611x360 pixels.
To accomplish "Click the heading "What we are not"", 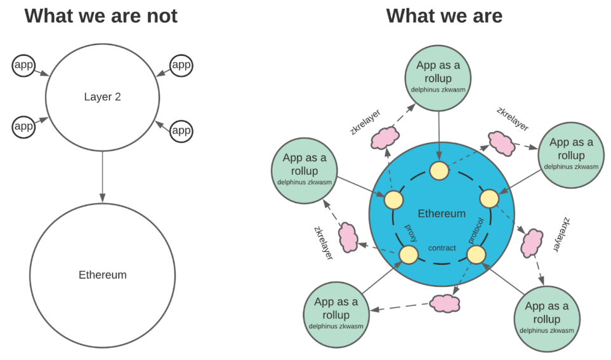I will click(101, 15).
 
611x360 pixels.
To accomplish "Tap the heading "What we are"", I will click(444, 15).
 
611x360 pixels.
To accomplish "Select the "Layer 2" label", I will click(102, 97).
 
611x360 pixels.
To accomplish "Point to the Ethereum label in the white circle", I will click(102, 275).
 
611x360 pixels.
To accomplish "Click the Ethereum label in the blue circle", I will click(442, 213).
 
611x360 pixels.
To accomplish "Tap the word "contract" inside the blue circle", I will click(442, 248).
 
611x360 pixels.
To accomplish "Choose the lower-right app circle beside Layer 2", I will click(181, 130).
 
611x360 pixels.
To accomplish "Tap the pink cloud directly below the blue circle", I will click(445, 303).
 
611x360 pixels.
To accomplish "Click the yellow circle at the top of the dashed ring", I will click(439, 170).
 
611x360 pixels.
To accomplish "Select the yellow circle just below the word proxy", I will click(408, 255).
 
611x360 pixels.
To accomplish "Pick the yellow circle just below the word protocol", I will click(476, 255).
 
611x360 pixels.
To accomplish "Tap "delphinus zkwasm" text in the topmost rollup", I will click(438, 90).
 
